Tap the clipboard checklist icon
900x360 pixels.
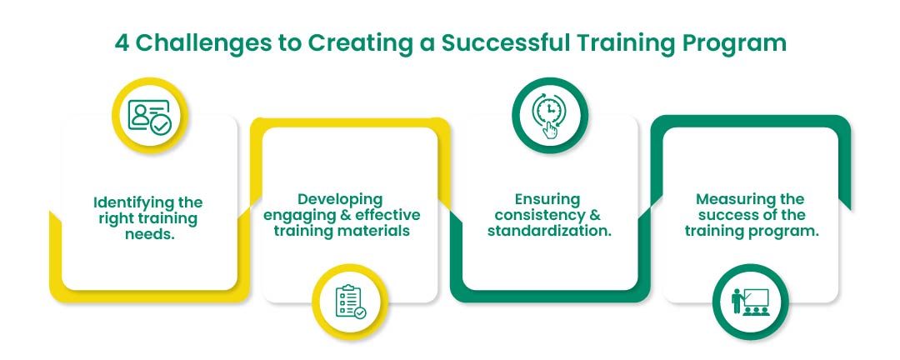[350, 302]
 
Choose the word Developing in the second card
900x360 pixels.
[340, 199]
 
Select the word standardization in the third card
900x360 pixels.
[550, 231]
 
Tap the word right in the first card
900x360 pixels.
[115, 219]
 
